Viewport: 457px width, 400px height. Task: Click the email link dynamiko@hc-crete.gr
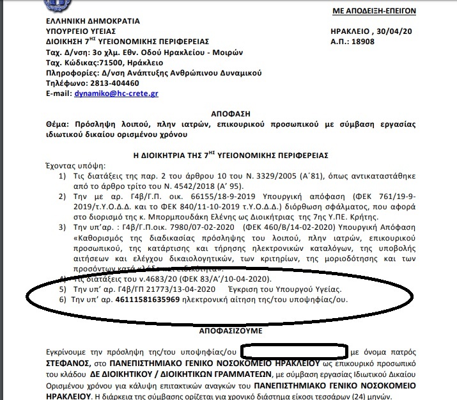(126, 93)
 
